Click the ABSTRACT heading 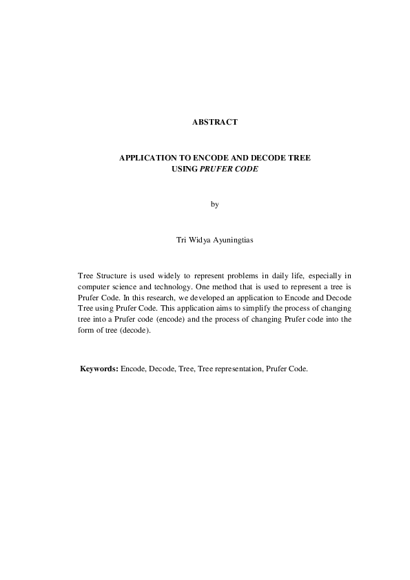pos(215,122)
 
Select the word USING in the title pos(184,167)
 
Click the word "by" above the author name pos(214,204)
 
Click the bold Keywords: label pos(100,369)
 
